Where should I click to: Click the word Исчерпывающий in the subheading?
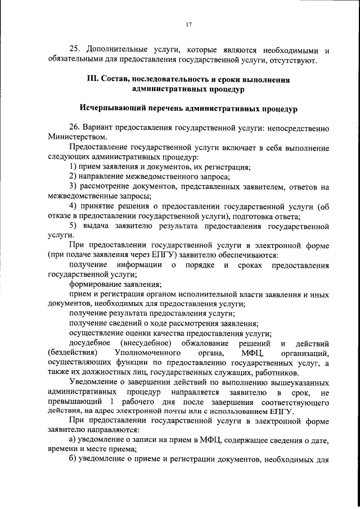click(116, 108)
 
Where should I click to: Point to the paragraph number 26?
click(74, 128)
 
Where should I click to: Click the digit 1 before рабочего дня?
click(113, 402)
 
